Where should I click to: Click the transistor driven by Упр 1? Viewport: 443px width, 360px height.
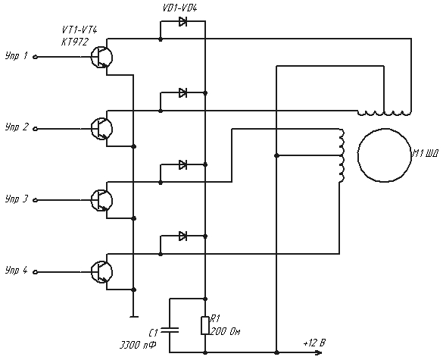[101, 58]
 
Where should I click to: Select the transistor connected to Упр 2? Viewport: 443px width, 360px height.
[101, 129]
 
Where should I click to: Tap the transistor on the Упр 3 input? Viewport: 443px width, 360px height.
[101, 201]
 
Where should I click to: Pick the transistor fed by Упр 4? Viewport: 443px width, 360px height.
[101, 272]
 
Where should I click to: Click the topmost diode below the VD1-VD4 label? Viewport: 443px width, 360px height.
[183, 21]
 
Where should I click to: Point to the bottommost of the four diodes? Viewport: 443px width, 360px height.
[183, 236]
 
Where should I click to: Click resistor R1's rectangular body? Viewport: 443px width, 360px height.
[205, 325]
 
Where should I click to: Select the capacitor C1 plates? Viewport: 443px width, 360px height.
[170, 330]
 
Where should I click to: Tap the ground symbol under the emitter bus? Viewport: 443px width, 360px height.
[134, 317]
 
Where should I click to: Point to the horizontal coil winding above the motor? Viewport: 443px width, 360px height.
[384, 113]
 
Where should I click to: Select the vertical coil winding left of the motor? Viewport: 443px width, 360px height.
[342, 155]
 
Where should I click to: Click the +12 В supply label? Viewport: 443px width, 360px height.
[314, 343]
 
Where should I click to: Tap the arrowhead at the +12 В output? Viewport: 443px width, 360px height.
[319, 352]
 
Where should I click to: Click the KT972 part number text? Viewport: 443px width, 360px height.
[75, 42]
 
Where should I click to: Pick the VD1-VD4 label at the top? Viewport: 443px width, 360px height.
[179, 8]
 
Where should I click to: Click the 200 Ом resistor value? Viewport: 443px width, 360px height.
[225, 331]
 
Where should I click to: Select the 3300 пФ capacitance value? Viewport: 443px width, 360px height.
[138, 346]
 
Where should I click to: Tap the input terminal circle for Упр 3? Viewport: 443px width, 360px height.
[36, 201]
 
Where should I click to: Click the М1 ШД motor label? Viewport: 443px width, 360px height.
[425, 154]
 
